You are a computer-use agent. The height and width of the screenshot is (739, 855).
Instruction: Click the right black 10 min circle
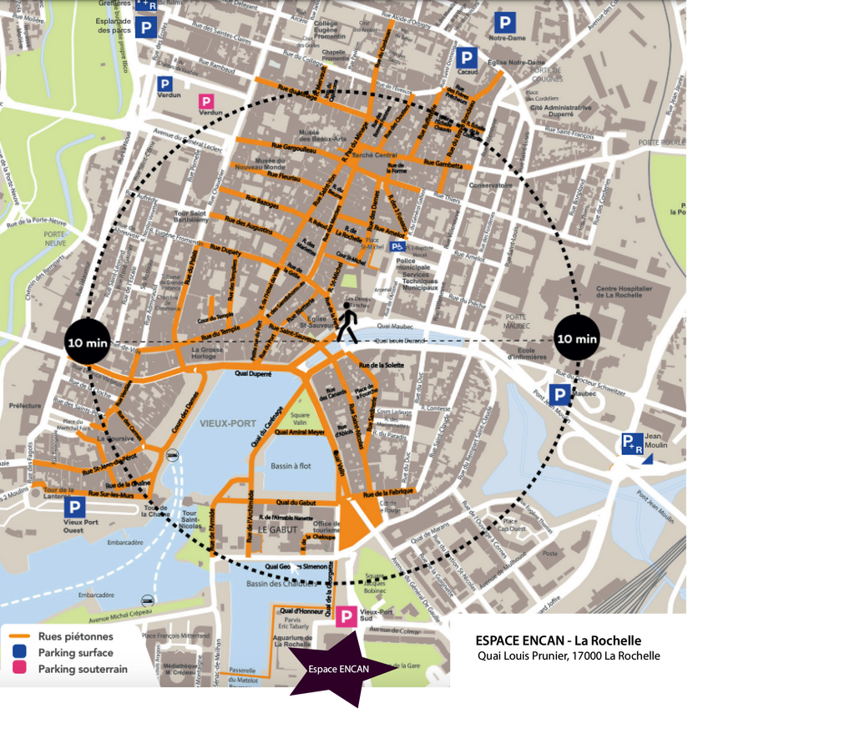(x=577, y=338)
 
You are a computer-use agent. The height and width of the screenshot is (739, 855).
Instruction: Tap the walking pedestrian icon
(x=347, y=322)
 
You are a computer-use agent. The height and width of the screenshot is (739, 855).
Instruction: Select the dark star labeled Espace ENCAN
(x=339, y=668)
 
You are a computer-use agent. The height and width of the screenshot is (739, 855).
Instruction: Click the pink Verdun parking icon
(x=205, y=102)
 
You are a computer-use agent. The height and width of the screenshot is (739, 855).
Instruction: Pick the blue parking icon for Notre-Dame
(x=504, y=23)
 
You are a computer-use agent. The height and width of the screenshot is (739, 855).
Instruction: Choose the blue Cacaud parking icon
(x=468, y=58)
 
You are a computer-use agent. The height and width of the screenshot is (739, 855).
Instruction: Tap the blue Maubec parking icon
(x=559, y=395)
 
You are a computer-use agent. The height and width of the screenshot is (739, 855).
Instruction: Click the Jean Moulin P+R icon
(x=632, y=443)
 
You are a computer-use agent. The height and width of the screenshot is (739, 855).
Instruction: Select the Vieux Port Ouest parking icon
(x=75, y=507)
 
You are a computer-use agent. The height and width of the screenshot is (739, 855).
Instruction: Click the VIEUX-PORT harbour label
(x=228, y=423)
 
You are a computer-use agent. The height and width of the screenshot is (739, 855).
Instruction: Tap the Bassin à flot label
(x=291, y=465)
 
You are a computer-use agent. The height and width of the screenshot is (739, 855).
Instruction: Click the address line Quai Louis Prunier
(x=569, y=656)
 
